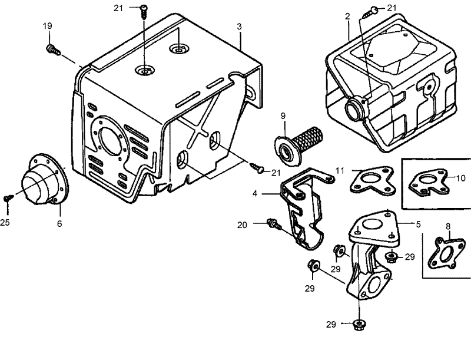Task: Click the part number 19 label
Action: [x=47, y=26]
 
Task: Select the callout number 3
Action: [x=239, y=27]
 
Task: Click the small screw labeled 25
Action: [x=7, y=199]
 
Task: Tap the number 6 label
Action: [x=59, y=224]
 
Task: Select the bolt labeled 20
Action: [x=272, y=224]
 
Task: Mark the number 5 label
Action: [x=418, y=224]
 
